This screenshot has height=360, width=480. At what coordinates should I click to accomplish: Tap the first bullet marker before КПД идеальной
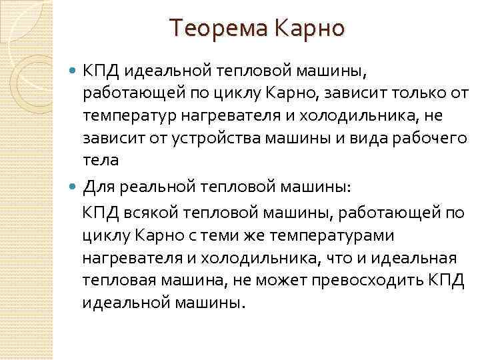point(73,69)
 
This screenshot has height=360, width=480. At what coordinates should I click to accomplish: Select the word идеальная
point(415,258)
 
